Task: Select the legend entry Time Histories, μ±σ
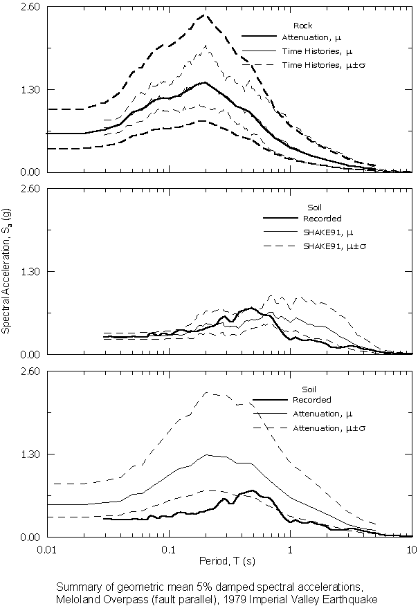pos(318,64)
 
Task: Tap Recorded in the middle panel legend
pos(318,219)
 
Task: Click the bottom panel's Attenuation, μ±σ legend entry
pos(332,428)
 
